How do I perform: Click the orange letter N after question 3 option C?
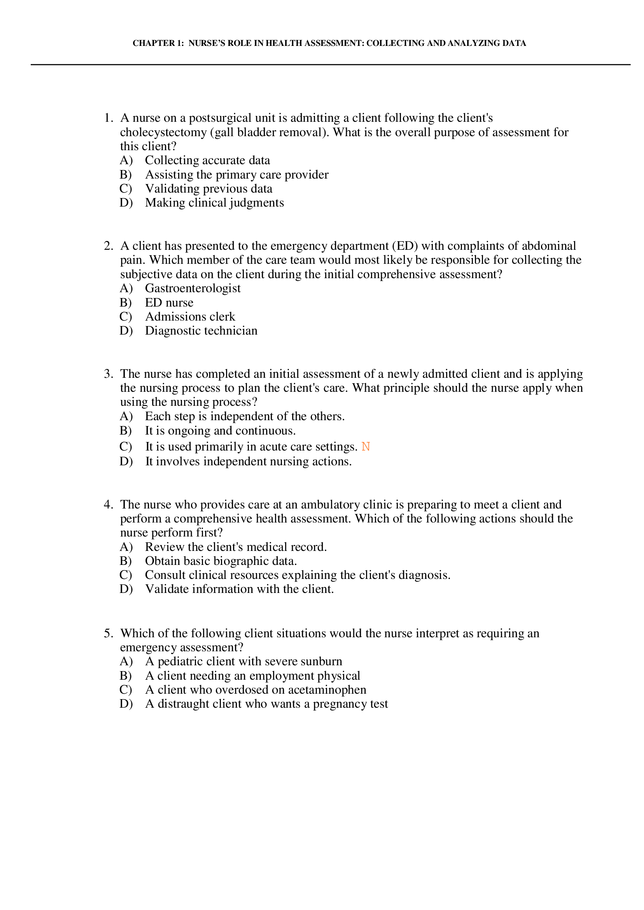pyautogui.click(x=366, y=447)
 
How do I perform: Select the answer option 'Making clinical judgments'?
pyautogui.click(x=214, y=203)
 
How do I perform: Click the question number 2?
pyautogui.click(x=108, y=246)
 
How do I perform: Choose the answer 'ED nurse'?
pyautogui.click(x=169, y=303)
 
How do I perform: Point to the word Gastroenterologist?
pyautogui.click(x=193, y=288)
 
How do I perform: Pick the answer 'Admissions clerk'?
pyautogui.click(x=190, y=317)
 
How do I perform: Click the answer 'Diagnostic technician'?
pyautogui.click(x=201, y=331)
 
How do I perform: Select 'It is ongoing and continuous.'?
pyautogui.click(x=220, y=431)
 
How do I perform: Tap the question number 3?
pyautogui.click(x=108, y=374)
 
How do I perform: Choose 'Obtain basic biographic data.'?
pyautogui.click(x=221, y=561)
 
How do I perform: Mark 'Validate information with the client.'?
pyautogui.click(x=239, y=589)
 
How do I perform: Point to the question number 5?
pyautogui.click(x=108, y=633)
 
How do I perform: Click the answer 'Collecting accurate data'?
pyautogui.click(x=207, y=160)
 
